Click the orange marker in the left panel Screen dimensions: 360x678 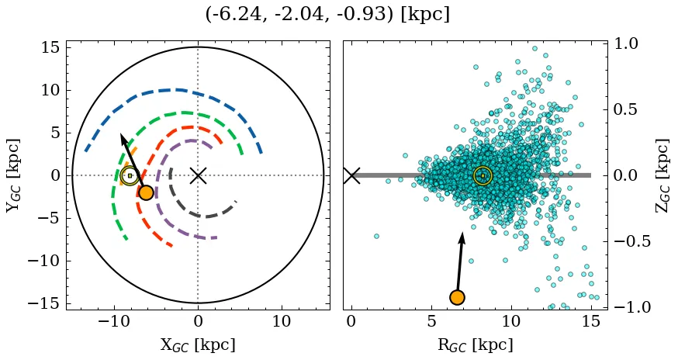(146, 192)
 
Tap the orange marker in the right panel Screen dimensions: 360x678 (457, 297)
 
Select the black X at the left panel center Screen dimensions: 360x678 (198, 175)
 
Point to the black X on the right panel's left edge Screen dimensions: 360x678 (351, 175)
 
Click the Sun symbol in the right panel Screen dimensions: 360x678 (483, 176)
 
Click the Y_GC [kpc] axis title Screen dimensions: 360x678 (12, 175)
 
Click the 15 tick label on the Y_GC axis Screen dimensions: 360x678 (50, 47)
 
